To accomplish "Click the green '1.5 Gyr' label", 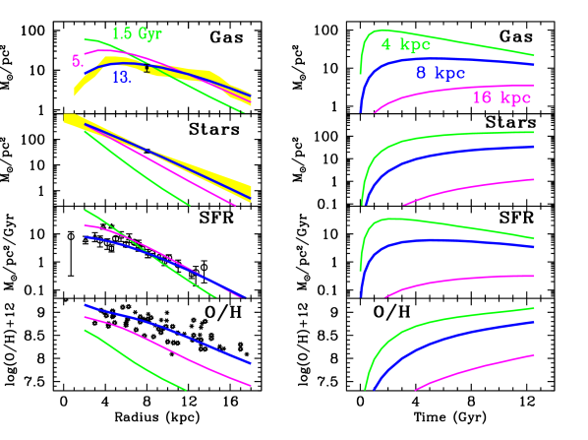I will point(137,34).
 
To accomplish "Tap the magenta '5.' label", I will point(78,61).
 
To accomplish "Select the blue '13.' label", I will point(122,79).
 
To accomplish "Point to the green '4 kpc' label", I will point(405,44).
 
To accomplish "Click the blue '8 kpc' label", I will point(441,73).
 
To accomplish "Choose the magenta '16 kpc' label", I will point(501,97).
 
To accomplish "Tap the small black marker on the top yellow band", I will point(149,70).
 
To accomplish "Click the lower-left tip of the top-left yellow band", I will point(76,94).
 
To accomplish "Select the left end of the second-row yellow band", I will point(65,118).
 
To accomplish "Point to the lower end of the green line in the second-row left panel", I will point(189,205).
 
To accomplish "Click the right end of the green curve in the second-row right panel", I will point(534,132).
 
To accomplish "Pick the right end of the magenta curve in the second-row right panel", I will point(534,180).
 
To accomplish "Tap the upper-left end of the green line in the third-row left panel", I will point(86,210).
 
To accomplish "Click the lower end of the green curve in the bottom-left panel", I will point(185,390).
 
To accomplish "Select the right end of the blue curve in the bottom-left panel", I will point(251,363).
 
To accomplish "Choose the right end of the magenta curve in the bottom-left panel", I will point(251,387).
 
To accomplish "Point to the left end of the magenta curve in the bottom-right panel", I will point(416,390).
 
